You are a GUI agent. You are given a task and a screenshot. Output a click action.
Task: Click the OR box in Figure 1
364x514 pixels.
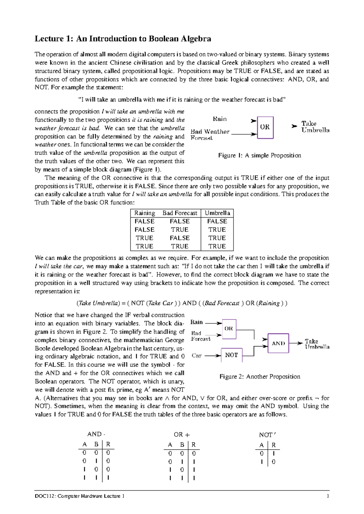coord(265,127)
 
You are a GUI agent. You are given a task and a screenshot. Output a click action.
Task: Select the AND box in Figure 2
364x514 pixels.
coord(278,343)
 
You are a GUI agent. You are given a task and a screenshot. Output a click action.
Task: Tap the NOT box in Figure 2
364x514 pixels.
coord(232,355)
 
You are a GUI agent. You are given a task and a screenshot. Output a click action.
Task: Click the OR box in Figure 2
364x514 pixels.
coord(229,329)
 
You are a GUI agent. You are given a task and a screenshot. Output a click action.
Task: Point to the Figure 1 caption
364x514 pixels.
coord(260,155)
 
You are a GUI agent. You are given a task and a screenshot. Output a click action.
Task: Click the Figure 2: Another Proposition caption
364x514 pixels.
coord(260,377)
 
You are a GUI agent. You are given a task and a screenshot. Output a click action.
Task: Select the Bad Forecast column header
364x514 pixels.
coord(180,213)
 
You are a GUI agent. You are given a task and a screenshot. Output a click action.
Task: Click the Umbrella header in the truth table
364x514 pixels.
coord(217,213)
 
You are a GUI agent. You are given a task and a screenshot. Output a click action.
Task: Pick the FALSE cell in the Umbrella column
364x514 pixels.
coord(217,221)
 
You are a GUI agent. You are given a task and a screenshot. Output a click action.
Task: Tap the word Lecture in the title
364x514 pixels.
coord(49,39)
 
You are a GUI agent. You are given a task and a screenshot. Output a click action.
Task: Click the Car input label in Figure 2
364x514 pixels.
coord(197,355)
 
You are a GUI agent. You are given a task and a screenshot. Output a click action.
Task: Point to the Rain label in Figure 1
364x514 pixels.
coord(220,119)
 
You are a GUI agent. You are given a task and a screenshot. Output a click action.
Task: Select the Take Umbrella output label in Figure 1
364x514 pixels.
coord(315,127)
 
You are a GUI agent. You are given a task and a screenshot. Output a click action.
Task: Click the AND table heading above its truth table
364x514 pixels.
coord(96,434)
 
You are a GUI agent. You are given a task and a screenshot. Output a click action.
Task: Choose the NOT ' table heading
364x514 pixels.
coord(267,435)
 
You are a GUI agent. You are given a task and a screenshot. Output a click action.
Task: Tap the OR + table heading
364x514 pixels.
coord(182,435)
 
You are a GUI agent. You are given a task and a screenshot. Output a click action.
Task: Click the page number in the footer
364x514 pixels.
coord(328,496)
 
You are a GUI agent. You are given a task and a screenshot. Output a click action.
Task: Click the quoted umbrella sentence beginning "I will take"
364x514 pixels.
coord(182,100)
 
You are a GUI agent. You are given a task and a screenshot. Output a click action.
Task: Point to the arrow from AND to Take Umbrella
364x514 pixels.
coord(296,343)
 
